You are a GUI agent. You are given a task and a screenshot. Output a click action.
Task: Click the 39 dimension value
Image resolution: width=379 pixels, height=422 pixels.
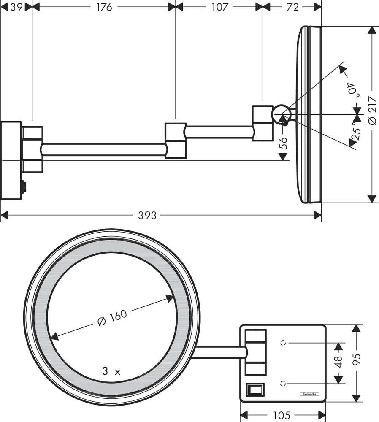(x=16, y=7)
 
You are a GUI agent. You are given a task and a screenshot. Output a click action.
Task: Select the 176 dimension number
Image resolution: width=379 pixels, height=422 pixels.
(x=103, y=7)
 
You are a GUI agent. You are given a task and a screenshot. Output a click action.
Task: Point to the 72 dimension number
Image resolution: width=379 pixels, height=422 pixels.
(x=292, y=7)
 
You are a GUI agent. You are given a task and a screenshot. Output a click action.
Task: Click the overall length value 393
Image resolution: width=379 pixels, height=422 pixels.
(x=147, y=216)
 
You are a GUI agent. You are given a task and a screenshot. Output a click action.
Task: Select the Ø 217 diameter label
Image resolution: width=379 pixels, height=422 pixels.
(x=372, y=110)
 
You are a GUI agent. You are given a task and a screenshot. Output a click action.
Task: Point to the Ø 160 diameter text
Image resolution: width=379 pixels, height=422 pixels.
(x=112, y=319)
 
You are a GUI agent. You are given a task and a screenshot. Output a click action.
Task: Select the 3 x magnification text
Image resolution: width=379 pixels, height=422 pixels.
(x=111, y=371)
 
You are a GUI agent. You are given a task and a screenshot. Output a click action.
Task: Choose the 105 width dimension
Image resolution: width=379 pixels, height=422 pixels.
(x=282, y=415)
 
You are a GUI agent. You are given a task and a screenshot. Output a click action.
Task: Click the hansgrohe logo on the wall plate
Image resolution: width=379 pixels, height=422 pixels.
(x=310, y=394)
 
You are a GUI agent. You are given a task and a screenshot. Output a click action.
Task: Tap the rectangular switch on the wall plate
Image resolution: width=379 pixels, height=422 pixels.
(x=255, y=388)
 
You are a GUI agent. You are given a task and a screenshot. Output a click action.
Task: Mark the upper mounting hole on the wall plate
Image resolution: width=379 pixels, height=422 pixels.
(x=283, y=343)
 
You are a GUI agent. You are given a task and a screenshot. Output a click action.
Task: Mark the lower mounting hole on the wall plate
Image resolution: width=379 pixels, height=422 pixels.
(x=283, y=383)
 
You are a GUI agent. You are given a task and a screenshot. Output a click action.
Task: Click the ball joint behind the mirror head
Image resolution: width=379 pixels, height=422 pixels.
(x=281, y=114)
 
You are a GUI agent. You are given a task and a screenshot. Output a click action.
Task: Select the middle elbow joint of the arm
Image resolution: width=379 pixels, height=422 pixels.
(x=175, y=141)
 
